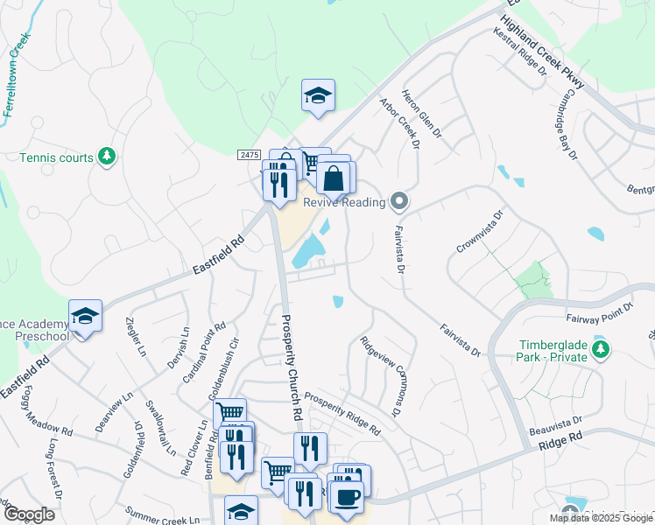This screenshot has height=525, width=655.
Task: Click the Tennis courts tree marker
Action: click(x=107, y=157)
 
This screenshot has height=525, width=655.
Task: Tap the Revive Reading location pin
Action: click(x=399, y=202)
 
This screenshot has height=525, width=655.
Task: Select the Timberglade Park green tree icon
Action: click(x=601, y=351)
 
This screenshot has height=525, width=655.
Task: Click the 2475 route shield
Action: click(x=249, y=155)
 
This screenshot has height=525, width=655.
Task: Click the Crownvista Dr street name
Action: click(x=482, y=231)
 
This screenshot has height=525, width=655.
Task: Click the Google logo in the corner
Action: click(x=28, y=514)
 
